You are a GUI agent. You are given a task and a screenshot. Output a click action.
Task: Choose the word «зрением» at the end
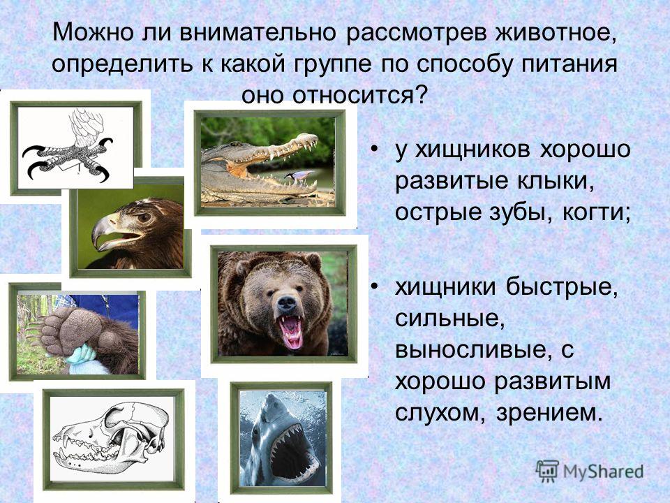(549, 413)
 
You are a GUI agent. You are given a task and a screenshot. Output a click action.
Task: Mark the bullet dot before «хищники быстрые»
(375, 286)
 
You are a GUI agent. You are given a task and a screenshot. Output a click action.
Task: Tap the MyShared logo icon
(547, 472)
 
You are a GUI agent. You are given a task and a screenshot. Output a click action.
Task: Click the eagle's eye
(144, 217)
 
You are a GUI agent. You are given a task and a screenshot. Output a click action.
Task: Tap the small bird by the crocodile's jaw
(301, 174)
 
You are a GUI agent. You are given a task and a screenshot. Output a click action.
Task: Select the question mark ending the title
(421, 95)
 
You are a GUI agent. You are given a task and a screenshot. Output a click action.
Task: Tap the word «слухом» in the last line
(440, 413)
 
